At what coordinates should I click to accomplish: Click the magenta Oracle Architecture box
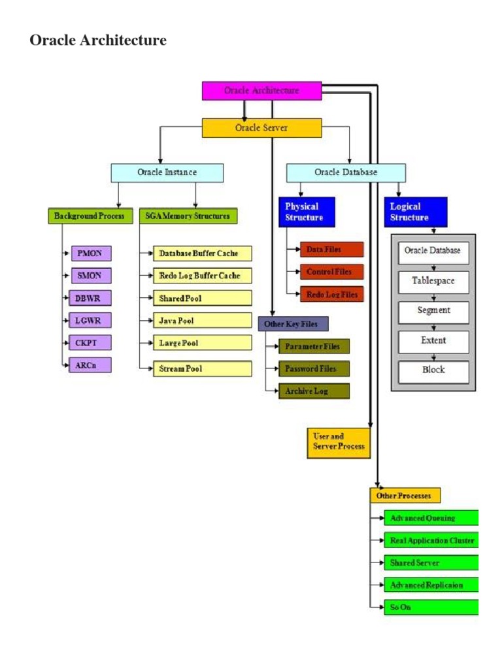[261, 90]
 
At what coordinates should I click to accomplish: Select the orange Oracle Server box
[261, 127]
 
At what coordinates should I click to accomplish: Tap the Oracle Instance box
[167, 172]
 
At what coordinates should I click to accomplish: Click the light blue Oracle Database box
[346, 172]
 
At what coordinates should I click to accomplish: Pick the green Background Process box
[90, 216]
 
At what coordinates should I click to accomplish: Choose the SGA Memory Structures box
[188, 216]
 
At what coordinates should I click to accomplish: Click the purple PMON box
[90, 253]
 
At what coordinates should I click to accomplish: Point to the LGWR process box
[90, 320]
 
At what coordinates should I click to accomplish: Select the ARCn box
[90, 365]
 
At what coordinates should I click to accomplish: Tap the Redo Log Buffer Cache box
[202, 276]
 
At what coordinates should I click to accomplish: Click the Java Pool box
[202, 320]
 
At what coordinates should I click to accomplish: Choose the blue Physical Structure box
[307, 212]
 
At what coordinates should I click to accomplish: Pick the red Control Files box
[331, 272]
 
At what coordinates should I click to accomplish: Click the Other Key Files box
[293, 323]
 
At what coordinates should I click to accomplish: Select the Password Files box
[313, 368]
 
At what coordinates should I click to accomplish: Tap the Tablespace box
[433, 281]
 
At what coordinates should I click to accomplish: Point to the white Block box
[433, 370]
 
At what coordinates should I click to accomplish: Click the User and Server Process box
[339, 442]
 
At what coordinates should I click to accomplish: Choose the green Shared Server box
[431, 563]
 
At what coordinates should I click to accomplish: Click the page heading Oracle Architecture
[98, 41]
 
